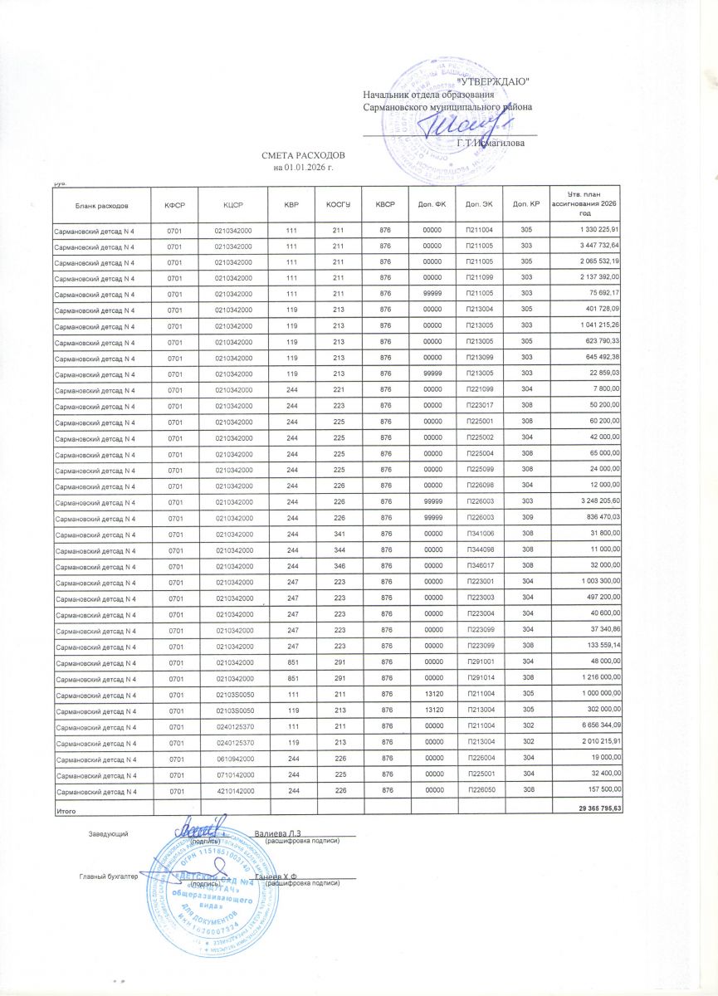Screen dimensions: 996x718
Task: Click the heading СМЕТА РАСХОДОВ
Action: [302, 156]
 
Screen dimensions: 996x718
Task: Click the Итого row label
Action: [66, 808]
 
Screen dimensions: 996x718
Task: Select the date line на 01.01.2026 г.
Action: [302, 168]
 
